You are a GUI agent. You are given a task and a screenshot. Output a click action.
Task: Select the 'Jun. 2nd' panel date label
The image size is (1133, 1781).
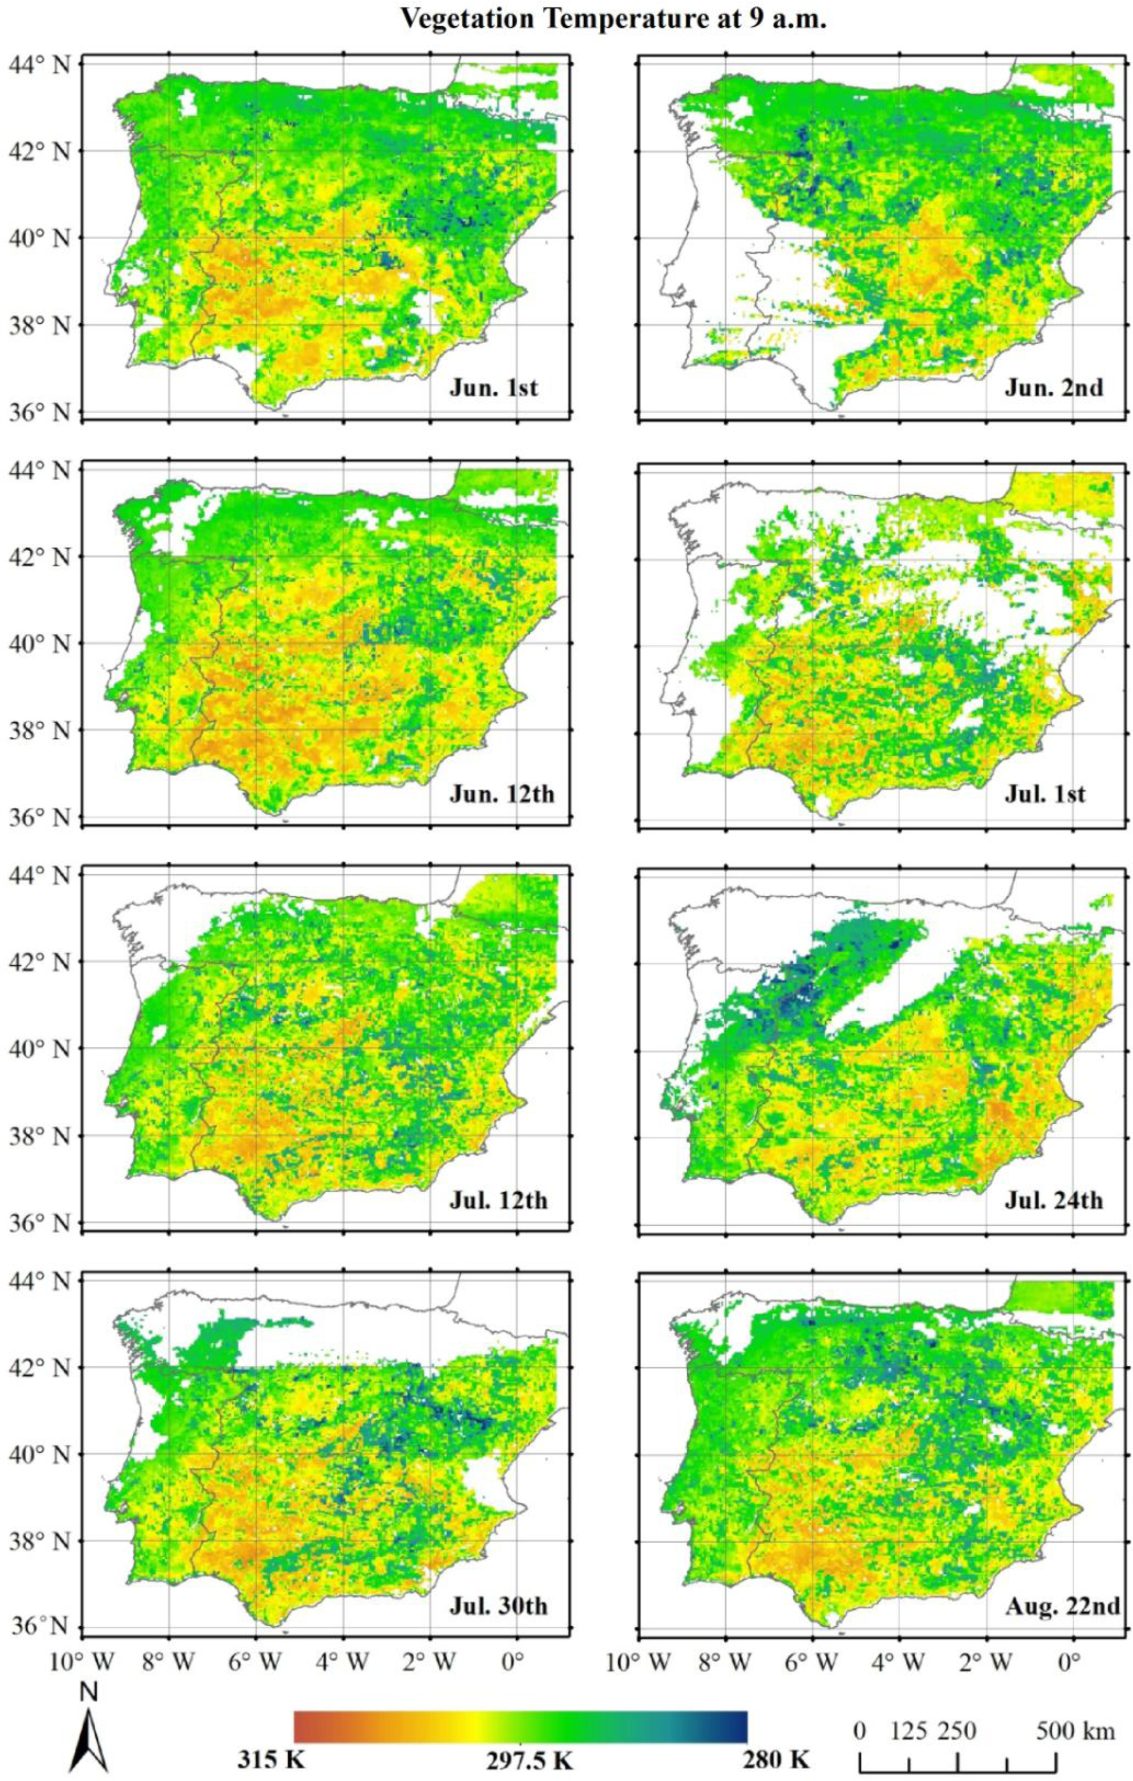[x=1053, y=387]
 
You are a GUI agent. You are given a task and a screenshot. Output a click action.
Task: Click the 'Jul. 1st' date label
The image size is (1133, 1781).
[x=1044, y=794]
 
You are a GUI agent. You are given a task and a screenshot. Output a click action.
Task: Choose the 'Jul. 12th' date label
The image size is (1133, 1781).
[x=498, y=1199]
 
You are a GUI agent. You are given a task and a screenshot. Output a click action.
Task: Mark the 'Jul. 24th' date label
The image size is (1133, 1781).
[x=1053, y=1199]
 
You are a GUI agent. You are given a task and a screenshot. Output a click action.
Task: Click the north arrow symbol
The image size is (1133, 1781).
[x=89, y=1727]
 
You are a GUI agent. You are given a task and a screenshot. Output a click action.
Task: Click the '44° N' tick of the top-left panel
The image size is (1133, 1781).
[x=41, y=65]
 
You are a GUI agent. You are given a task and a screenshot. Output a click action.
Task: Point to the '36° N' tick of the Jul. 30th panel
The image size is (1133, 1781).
[x=41, y=1624]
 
